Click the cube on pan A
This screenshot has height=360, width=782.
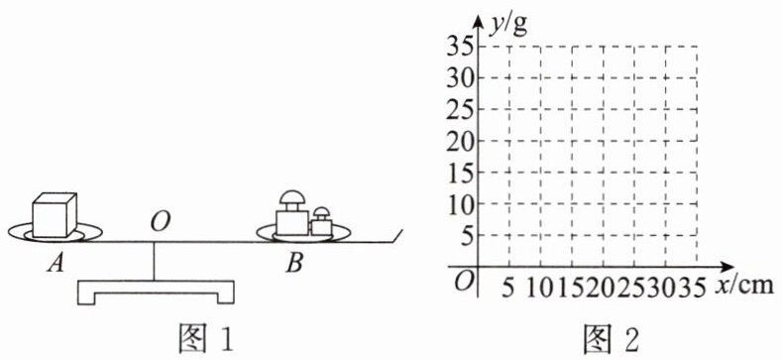click(55, 215)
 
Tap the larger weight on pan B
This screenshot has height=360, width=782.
click(292, 213)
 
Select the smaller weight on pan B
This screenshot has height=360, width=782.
click(322, 221)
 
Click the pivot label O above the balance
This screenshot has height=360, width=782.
click(159, 223)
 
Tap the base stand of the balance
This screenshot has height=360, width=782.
click(156, 293)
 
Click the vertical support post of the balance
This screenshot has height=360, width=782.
click(154, 261)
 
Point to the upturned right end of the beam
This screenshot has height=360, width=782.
click(398, 236)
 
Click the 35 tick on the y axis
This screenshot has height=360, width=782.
click(460, 46)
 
